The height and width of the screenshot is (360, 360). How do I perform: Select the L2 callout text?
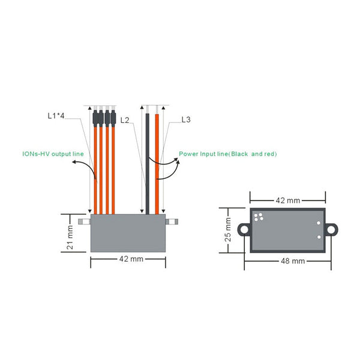(x=125, y=120)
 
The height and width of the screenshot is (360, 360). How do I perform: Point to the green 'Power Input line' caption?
(x=228, y=154)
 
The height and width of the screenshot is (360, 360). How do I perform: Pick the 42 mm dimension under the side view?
(x=127, y=259)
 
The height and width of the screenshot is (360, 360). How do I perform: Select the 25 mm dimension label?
(x=228, y=229)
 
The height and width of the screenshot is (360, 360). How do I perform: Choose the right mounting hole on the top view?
(x=332, y=229)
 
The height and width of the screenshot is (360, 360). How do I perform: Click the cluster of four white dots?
(x=259, y=217)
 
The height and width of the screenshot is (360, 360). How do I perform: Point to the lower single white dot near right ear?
(x=319, y=236)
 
